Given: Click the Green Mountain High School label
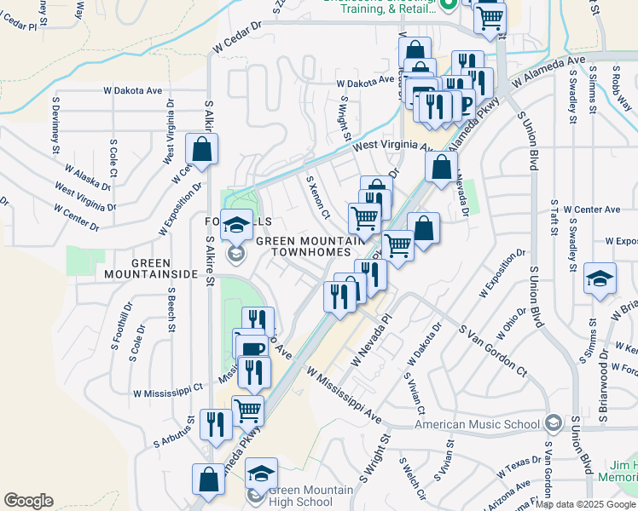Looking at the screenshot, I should [x=310, y=496].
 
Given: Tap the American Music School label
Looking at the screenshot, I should [x=477, y=424].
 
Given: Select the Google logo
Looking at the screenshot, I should [x=28, y=501].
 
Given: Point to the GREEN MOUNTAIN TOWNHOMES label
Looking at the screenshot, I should [x=304, y=247].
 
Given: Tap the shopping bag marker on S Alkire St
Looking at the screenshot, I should [x=202, y=150].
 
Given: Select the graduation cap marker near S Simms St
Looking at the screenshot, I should [x=600, y=278].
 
